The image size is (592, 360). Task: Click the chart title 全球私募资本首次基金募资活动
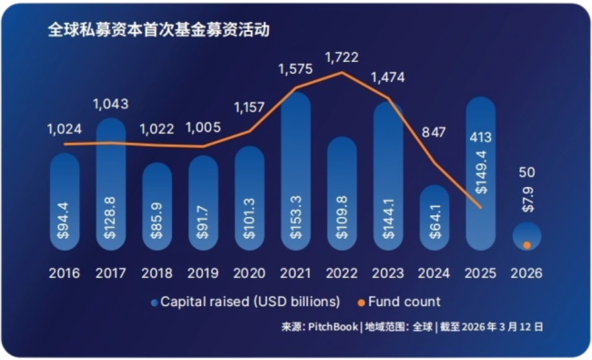(x=158, y=30)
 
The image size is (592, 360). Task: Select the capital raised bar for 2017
(x=111, y=184)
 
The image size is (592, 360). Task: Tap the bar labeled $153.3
(x=296, y=171)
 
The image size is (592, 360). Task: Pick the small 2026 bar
(x=527, y=236)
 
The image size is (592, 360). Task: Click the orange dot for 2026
(x=527, y=245)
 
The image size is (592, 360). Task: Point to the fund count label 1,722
(x=342, y=57)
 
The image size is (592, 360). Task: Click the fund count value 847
(x=434, y=132)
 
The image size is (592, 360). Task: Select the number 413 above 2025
(x=481, y=138)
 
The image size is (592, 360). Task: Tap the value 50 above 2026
(x=526, y=172)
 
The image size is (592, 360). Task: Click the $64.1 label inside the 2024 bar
(x=435, y=221)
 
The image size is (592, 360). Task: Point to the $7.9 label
(x=527, y=200)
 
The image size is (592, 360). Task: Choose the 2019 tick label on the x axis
(x=203, y=273)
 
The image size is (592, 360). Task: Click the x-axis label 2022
(x=342, y=273)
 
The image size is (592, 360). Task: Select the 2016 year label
(x=64, y=273)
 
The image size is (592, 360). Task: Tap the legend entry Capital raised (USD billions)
(x=245, y=302)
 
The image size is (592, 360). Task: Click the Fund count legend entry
(x=399, y=302)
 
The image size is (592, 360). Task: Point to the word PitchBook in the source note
(x=333, y=327)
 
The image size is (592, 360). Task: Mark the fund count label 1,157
(x=250, y=108)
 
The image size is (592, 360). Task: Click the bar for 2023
(x=389, y=176)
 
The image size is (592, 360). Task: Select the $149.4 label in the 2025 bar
(x=481, y=172)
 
